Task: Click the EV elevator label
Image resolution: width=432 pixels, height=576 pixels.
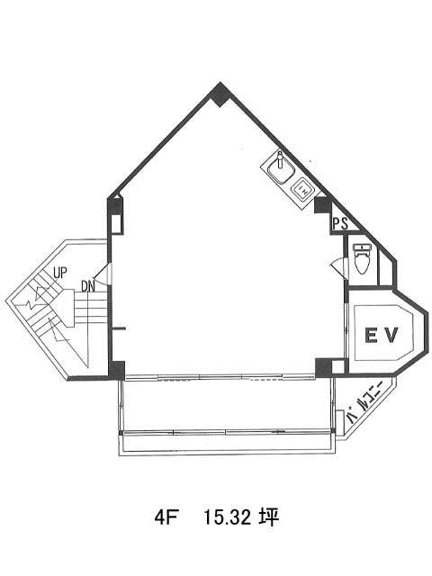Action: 381,335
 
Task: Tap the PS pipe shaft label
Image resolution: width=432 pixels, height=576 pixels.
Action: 340,223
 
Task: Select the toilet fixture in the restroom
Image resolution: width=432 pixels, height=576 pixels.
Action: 361,258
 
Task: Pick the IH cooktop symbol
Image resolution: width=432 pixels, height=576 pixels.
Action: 301,190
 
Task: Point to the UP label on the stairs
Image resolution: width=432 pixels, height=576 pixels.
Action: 60,273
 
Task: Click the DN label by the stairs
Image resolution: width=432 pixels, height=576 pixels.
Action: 88,286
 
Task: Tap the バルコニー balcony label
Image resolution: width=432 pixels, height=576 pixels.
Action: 364,402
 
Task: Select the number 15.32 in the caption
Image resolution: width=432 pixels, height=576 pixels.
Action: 227,517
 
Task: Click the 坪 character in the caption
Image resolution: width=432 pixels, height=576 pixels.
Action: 270,517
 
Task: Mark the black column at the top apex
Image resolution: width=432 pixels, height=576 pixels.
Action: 220,94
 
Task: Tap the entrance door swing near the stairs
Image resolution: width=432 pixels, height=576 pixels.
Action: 101,274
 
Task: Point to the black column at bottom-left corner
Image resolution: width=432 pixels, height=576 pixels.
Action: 117,370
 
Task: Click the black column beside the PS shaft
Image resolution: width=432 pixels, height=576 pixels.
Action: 322,205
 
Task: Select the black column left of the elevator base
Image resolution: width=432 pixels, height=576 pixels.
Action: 323,367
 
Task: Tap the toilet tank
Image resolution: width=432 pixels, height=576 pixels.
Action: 361,247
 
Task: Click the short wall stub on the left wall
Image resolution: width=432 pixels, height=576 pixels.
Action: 119,328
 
